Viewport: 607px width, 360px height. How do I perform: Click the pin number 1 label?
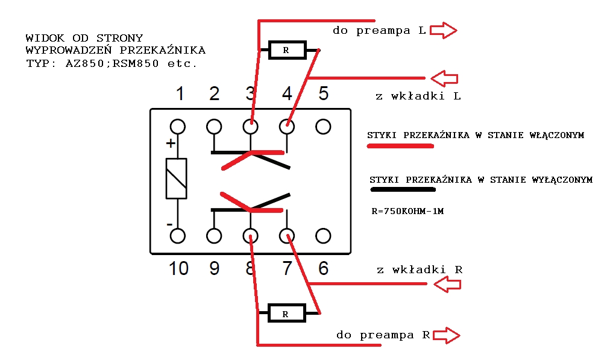tap(180, 94)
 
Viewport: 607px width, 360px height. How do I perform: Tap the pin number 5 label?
tap(323, 93)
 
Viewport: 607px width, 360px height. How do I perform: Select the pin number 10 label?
tap(178, 268)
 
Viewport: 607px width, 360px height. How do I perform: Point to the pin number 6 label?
tap(323, 268)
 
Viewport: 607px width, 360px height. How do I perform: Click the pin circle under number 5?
tap(323, 127)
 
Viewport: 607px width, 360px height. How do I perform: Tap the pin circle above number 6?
tap(323, 236)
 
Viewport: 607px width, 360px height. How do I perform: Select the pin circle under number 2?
tap(214, 127)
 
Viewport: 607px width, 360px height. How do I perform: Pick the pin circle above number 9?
tap(214, 236)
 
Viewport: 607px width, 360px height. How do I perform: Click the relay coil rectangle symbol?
tap(177, 178)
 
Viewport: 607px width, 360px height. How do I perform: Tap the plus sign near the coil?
tap(171, 144)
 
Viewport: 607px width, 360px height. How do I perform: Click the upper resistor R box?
tap(288, 50)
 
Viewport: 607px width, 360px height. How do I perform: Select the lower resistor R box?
tap(287, 313)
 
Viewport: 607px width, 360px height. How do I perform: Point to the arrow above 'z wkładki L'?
tap(444, 78)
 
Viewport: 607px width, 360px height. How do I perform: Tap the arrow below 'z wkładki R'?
tap(447, 285)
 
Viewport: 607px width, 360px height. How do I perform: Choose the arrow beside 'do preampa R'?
tap(446, 335)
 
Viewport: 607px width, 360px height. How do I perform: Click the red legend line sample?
tap(400, 146)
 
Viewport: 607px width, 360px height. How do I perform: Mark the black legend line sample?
tap(403, 190)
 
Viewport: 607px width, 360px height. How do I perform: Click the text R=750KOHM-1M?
tap(407, 211)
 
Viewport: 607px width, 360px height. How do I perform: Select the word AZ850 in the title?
tap(85, 63)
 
